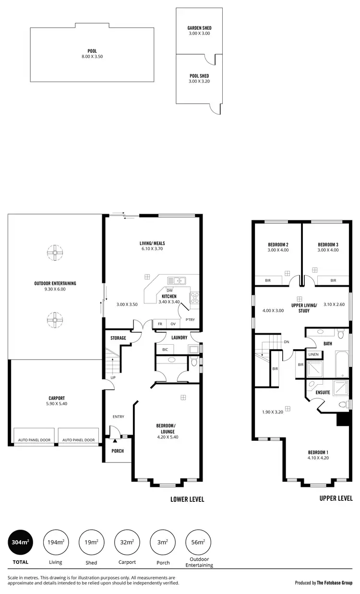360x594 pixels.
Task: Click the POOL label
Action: (x=92, y=50)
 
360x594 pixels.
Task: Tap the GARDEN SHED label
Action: (x=199, y=28)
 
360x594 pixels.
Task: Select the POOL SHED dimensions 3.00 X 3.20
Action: (x=199, y=82)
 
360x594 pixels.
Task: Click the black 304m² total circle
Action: (x=20, y=542)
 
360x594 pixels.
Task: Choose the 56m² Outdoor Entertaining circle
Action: (x=198, y=542)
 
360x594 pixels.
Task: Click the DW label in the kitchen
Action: (x=169, y=291)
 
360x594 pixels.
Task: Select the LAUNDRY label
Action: (x=179, y=338)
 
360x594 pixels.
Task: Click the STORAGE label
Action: (x=118, y=338)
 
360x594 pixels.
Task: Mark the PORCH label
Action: (x=117, y=451)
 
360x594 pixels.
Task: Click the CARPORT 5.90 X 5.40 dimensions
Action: (x=57, y=404)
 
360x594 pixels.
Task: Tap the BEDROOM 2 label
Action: (x=278, y=244)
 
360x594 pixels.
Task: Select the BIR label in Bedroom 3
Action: (x=333, y=280)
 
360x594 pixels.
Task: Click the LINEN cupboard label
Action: (x=313, y=354)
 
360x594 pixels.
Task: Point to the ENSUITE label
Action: (x=323, y=392)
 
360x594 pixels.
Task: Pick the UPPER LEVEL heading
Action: (x=336, y=498)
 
